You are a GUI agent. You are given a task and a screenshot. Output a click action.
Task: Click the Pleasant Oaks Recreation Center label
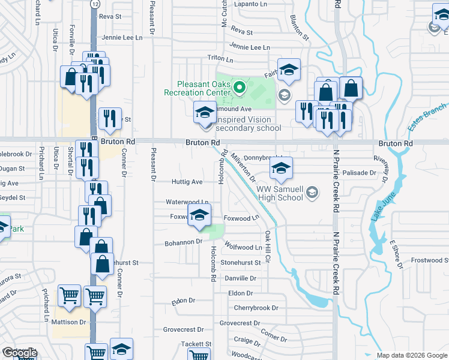pyautogui.click(x=196, y=89)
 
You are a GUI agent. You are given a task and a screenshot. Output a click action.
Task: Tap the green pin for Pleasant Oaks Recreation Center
pyautogui.click(x=239, y=89)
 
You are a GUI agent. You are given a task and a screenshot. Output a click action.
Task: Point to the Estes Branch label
pyautogui.click(x=427, y=113)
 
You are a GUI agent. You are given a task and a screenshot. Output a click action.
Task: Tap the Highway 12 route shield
pyautogui.click(x=95, y=4)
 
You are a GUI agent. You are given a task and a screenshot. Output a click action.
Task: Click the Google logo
pyautogui.click(x=19, y=353)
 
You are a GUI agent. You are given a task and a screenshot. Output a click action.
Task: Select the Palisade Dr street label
pyautogui.click(x=359, y=173)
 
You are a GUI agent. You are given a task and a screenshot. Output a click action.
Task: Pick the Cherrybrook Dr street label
pyautogui.click(x=256, y=308)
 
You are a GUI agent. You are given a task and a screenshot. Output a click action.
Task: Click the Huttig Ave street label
pyautogui.click(x=187, y=181)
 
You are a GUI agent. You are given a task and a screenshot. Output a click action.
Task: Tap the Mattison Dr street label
pyautogui.click(x=72, y=322)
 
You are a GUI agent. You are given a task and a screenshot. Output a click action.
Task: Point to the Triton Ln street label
pyautogui.click(x=220, y=59)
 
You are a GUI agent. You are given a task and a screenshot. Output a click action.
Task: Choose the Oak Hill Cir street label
pyautogui.click(x=268, y=247)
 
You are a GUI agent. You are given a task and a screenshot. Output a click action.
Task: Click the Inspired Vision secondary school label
pyautogui.click(x=248, y=124)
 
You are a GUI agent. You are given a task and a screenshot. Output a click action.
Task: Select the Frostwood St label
pyautogui.click(x=430, y=260)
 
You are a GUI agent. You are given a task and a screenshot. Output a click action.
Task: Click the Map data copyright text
pyautogui.click(x=411, y=355)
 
